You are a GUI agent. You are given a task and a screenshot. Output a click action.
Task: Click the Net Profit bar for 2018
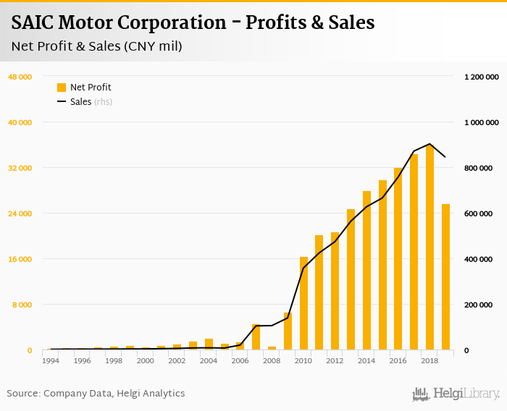(x=430, y=247)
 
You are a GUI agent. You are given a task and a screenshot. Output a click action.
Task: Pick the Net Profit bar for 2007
(x=256, y=337)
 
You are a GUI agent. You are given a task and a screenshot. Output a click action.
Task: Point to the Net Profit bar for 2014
(x=367, y=271)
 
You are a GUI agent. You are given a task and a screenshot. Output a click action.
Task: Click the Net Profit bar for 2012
(x=335, y=291)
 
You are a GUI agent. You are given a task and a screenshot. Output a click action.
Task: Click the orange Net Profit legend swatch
(x=62, y=88)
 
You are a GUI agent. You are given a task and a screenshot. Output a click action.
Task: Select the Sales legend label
(x=80, y=102)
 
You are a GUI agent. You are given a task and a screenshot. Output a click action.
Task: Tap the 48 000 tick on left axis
(x=20, y=77)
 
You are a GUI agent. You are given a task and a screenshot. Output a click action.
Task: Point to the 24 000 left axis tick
(x=20, y=213)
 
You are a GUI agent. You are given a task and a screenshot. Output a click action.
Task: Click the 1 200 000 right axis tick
(x=481, y=77)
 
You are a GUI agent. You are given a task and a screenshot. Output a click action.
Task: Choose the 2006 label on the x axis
(x=240, y=360)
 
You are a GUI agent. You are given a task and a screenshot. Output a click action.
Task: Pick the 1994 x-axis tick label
(x=51, y=360)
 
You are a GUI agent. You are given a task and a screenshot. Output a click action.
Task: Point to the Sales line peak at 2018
(x=430, y=144)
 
